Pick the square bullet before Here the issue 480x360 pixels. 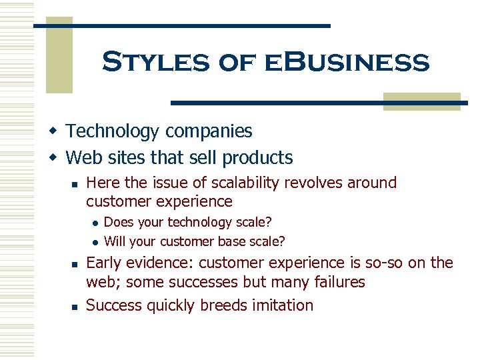(76, 183)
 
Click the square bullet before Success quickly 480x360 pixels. (76, 306)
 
